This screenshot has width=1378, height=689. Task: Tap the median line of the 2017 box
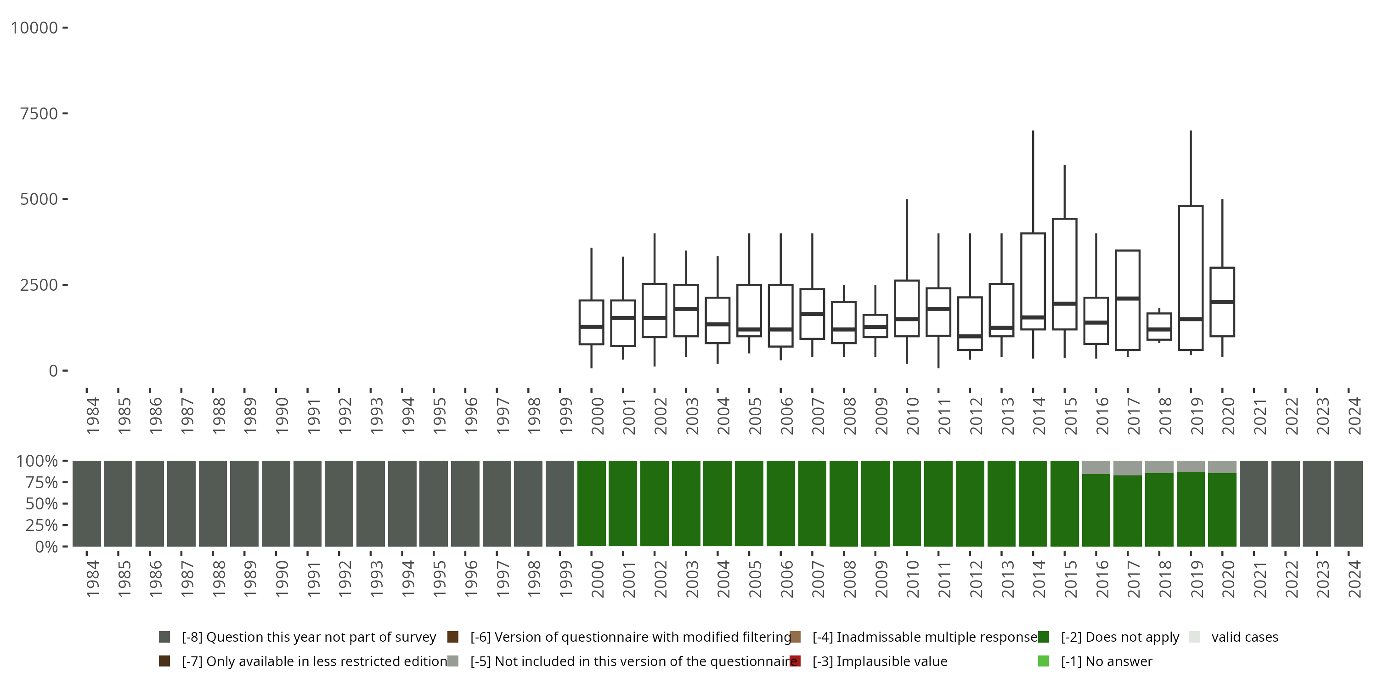click(x=1128, y=299)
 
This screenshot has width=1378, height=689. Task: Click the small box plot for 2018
click(x=1159, y=326)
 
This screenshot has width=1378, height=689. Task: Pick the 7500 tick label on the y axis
click(x=39, y=113)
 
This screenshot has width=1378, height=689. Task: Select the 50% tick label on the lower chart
click(x=42, y=504)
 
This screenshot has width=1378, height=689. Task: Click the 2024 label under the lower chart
click(x=1354, y=579)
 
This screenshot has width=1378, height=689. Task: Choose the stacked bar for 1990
click(x=276, y=503)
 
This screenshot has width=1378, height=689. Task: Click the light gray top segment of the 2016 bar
click(x=1096, y=467)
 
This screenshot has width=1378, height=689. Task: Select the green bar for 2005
click(x=749, y=503)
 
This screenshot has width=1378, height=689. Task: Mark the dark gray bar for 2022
click(x=1286, y=503)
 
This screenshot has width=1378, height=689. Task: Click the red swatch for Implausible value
click(x=795, y=661)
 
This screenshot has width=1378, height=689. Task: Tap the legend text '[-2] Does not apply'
click(x=1120, y=637)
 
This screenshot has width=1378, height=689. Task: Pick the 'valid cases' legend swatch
click(x=1193, y=637)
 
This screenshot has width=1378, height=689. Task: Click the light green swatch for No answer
click(x=1043, y=661)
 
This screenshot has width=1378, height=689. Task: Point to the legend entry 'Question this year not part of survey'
click(x=309, y=637)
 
